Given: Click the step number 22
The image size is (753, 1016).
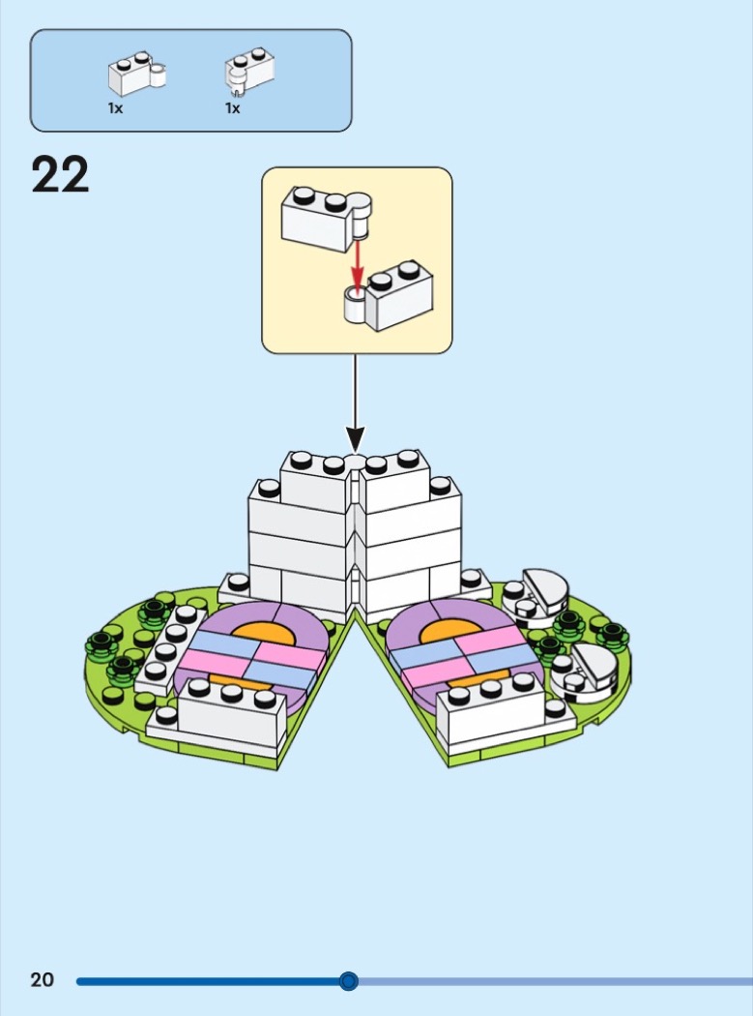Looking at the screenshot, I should [60, 175].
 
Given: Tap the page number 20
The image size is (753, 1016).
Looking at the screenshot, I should [42, 980].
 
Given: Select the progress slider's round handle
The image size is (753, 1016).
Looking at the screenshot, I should [349, 981].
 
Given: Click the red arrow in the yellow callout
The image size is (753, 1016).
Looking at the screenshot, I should [357, 262].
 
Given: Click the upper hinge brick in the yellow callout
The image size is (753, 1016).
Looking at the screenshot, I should [324, 219].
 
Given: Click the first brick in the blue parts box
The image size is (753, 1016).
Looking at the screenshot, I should [134, 74].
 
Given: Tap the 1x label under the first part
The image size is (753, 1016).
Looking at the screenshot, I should [115, 108].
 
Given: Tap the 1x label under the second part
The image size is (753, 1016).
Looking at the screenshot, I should [232, 108].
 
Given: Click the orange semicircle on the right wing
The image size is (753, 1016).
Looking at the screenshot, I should [452, 630].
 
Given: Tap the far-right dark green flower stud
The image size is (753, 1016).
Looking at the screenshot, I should [611, 634].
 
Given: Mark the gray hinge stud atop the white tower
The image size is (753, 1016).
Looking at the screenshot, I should [356, 463].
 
